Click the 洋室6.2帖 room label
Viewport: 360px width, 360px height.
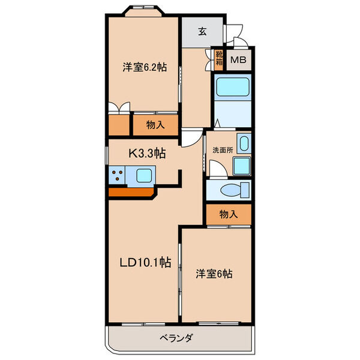144,68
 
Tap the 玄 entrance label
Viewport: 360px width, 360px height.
202,32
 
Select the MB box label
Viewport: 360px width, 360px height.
239,60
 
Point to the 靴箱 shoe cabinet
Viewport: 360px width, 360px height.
220,60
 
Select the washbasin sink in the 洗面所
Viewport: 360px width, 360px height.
243,144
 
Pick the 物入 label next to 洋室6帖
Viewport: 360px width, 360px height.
228,214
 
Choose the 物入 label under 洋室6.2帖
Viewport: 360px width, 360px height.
155,125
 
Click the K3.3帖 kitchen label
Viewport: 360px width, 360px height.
146,154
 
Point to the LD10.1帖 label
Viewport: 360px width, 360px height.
145,262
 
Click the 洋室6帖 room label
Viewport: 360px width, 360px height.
215,274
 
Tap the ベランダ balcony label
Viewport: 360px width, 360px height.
176,338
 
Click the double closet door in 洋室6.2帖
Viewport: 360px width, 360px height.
119,109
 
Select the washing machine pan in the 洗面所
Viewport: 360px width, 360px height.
242,166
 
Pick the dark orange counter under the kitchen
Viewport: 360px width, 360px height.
132,193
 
